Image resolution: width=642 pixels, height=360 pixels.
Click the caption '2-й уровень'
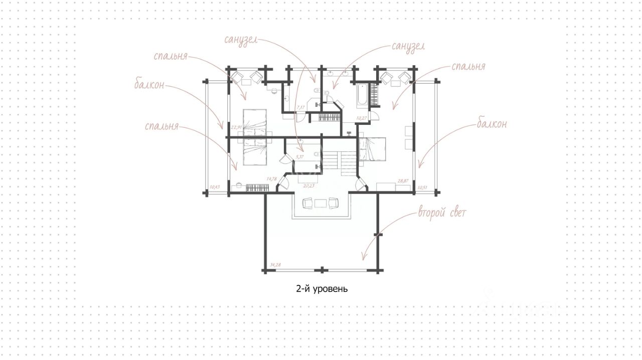tap(322, 289)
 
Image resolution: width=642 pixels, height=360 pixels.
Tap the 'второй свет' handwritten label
tap(442, 214)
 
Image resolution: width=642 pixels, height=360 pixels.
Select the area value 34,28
tap(275, 264)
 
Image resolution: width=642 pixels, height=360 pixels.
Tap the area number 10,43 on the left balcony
tap(215, 187)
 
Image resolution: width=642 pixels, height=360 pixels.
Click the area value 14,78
tap(272, 178)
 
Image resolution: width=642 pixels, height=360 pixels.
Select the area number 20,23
tap(309, 185)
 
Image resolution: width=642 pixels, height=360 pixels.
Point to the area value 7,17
tap(300, 107)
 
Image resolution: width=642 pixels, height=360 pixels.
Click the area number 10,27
tap(362, 118)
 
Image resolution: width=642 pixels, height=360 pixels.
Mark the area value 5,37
tap(300, 157)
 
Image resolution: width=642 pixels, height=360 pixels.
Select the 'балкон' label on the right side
tap(492, 124)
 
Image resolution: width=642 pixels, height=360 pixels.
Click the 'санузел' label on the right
tap(408, 46)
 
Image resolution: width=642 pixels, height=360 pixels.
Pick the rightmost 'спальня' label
tap(468, 67)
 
